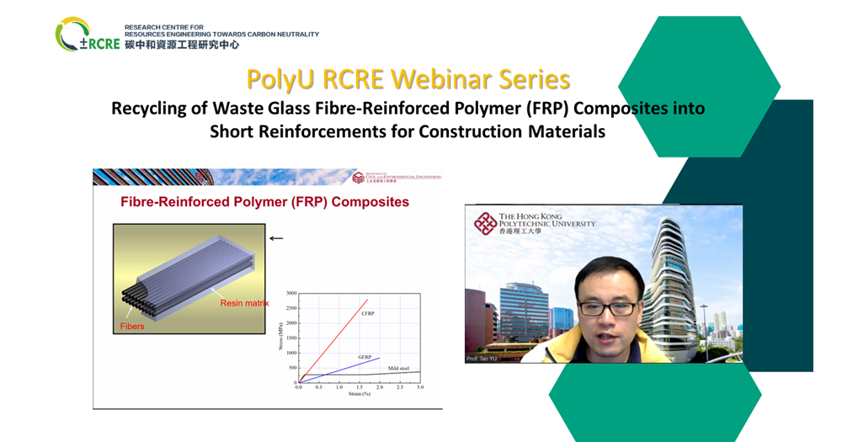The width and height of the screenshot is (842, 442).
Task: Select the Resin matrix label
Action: (244, 302)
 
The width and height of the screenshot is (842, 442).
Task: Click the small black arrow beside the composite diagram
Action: (276, 238)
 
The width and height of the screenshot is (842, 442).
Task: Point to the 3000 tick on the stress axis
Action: (290, 293)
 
